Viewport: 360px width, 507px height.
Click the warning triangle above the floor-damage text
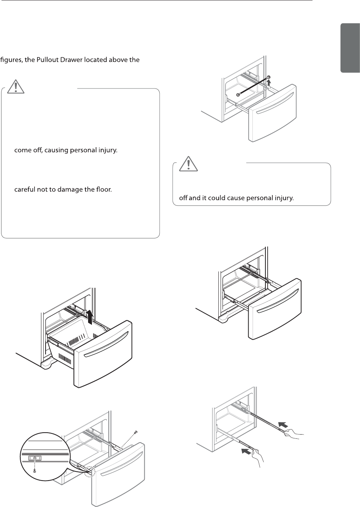tap(15, 87)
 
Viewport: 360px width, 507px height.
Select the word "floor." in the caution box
tap(103, 189)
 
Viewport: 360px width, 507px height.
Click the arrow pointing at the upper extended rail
tap(281, 425)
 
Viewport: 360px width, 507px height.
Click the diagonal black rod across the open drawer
tap(253, 85)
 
